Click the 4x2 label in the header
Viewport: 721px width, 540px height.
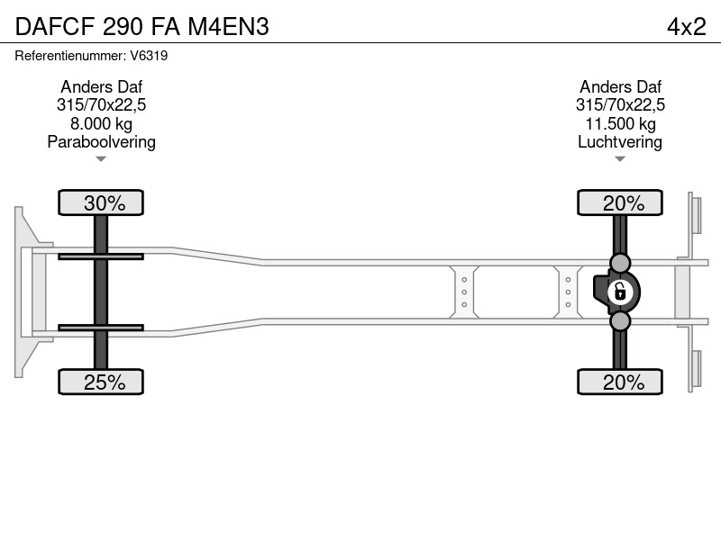pos(686,27)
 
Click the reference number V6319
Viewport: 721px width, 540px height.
pos(149,56)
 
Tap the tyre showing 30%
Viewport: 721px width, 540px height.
pos(101,202)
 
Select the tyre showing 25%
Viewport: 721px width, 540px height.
pos(101,382)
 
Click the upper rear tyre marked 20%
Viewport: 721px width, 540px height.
pos(620,202)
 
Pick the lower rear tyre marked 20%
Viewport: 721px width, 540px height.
pos(620,382)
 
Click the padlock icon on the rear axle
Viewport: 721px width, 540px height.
pos(620,292)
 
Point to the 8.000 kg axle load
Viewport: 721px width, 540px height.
pos(101,123)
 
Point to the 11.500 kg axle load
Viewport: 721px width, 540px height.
pos(620,123)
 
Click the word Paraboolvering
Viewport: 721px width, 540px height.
pos(101,142)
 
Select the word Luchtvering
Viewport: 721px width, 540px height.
pos(620,142)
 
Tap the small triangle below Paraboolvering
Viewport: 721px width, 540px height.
pos(101,159)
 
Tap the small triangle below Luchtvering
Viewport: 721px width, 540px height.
pos(620,159)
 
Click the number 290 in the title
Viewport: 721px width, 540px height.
pos(123,27)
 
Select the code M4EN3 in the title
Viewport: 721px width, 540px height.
pos(229,27)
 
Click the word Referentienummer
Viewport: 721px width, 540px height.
pos(70,56)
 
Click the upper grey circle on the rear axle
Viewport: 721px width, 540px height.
pos(620,263)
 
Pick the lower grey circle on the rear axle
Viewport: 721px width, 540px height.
pos(620,321)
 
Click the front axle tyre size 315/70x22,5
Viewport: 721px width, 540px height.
pos(101,105)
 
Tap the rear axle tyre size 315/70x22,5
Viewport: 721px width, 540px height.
pos(620,105)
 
